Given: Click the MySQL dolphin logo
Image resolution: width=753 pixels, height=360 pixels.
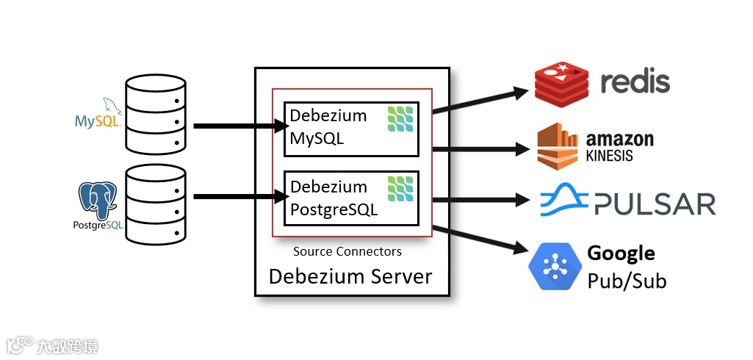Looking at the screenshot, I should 100,114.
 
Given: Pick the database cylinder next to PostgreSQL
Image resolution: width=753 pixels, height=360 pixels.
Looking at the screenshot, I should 155,204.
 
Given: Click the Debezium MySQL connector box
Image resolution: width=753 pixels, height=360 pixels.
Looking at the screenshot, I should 351,129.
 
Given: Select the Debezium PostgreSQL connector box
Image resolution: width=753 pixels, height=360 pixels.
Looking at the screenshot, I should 351,198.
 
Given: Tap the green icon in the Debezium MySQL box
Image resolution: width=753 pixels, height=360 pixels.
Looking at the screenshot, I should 400,119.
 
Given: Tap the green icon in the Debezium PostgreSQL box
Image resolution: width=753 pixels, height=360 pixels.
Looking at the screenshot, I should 400,189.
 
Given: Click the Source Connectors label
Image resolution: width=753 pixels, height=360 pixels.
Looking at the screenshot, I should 347,251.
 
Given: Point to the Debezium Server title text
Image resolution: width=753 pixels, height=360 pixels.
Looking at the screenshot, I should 350,276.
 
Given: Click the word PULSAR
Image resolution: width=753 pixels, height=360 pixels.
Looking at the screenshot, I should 654,204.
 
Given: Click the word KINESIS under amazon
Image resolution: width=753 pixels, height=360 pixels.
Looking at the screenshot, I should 609,156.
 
